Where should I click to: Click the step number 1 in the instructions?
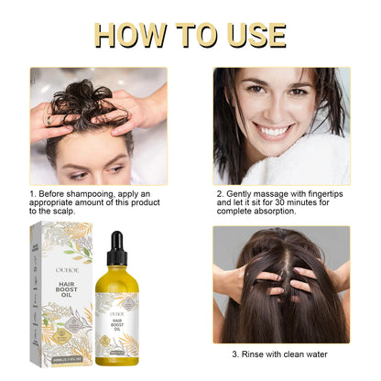tap(32, 194)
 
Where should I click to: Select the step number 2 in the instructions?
tap(220, 194)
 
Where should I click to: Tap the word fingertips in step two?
tap(326, 194)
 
